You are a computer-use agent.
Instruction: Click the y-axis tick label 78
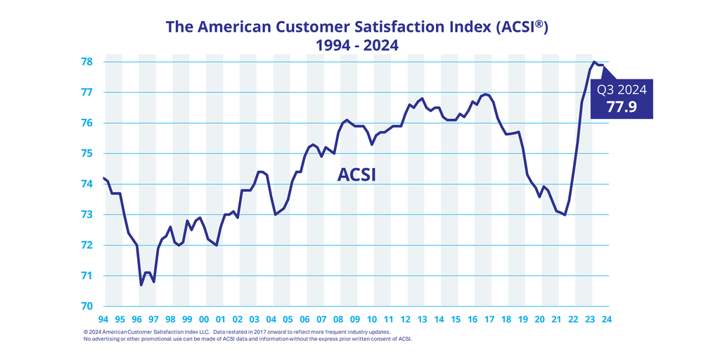tap(89, 62)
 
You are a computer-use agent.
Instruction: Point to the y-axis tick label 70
tap(89, 307)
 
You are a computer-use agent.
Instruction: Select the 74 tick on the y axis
tap(89, 184)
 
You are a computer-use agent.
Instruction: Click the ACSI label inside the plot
tap(356, 175)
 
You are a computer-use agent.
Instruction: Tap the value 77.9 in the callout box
tap(622, 106)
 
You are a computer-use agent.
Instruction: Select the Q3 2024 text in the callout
tap(622, 90)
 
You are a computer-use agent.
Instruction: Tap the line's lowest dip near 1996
tap(141, 285)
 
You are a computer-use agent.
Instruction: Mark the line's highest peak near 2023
tap(594, 63)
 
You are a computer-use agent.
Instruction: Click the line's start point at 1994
tap(103, 178)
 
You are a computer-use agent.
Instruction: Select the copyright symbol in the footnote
tap(86, 332)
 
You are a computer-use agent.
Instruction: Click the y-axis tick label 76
tap(89, 123)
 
